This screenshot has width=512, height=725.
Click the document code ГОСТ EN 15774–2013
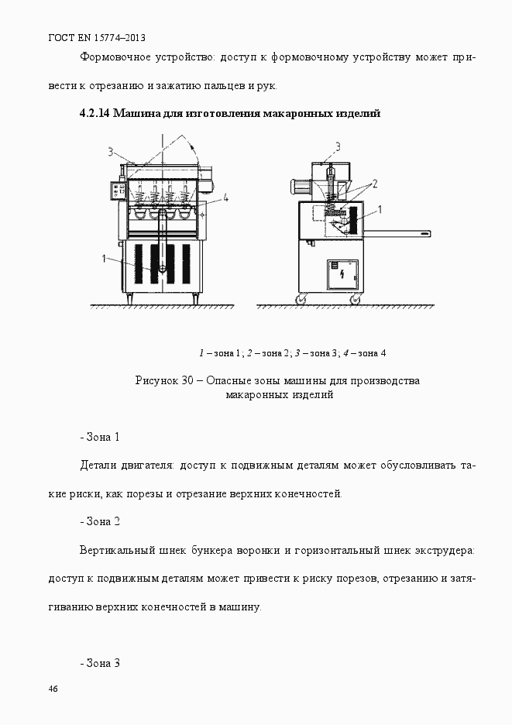(97, 37)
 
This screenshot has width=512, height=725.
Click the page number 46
(53, 689)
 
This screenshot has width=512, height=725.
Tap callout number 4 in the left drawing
(225, 198)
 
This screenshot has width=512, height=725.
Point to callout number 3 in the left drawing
(111, 151)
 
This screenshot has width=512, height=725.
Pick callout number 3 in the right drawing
(337, 145)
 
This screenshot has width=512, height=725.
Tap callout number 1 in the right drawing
(380, 208)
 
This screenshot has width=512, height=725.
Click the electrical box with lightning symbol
(343, 275)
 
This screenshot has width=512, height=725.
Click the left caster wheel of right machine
(301, 299)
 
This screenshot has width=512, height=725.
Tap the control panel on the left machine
(118, 191)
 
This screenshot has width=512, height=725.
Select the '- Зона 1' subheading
(99, 437)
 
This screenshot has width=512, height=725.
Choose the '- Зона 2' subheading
(99, 521)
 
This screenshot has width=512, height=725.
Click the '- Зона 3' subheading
(99, 663)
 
